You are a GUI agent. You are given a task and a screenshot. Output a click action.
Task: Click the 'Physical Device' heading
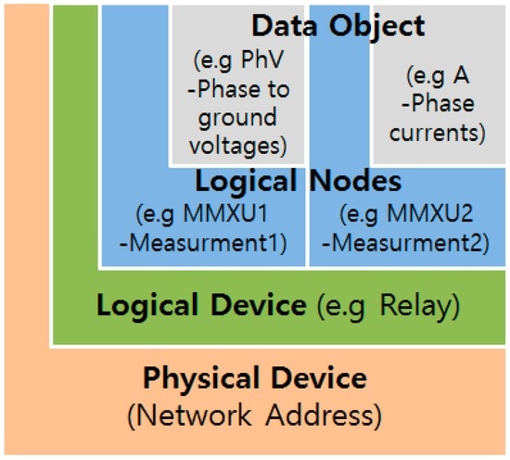click(254, 378)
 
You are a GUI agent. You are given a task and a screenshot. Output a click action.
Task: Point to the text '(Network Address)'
click(254, 415)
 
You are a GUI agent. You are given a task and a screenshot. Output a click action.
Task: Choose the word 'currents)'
click(437, 132)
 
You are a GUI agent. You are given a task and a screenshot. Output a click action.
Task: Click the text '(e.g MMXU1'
click(202, 214)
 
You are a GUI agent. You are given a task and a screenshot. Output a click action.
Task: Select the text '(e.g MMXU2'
click(408, 214)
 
